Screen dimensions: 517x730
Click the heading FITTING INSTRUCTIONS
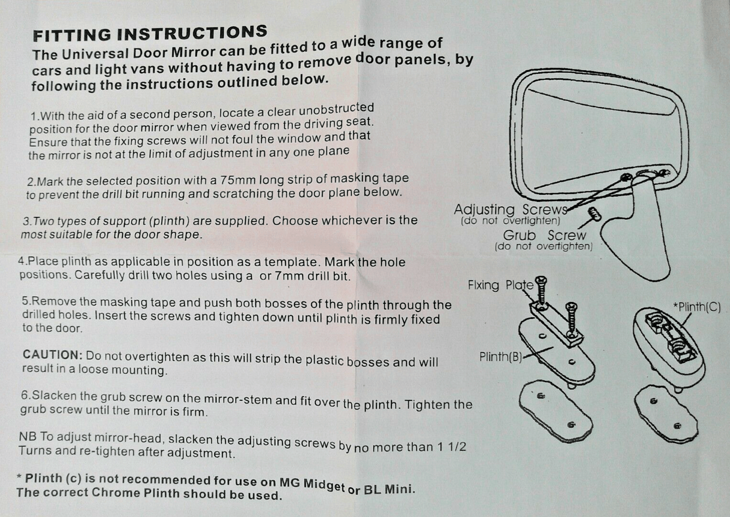pos(150,34)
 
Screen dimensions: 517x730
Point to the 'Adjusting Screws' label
pos(509,209)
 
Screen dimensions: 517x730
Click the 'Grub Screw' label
pos(544,235)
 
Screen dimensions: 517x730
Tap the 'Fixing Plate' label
pos(500,285)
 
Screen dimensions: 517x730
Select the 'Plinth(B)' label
pos(500,357)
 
